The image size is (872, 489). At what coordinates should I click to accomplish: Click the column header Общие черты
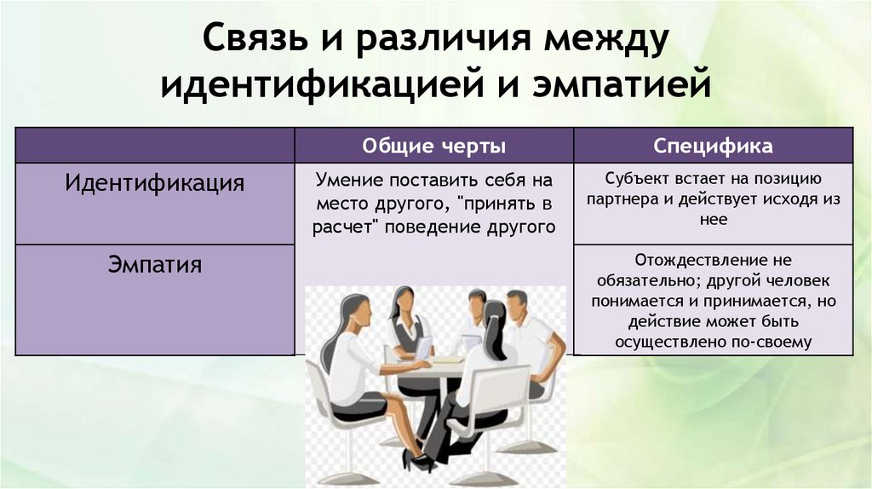434,146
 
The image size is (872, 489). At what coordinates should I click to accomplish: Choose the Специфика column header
713,146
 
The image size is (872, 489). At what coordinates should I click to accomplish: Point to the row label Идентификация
155,182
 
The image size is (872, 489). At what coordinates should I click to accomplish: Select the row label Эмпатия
155,264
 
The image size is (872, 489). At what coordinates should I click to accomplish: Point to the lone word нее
714,219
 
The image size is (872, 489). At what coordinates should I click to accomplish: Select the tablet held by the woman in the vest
424,348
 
